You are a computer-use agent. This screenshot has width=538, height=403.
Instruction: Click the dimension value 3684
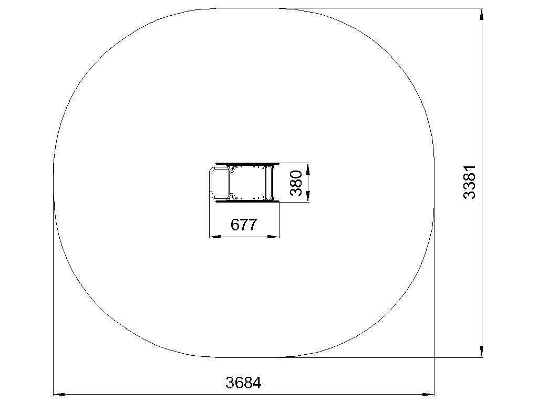pos(243,383)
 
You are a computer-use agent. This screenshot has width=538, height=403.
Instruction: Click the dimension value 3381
pos(469,182)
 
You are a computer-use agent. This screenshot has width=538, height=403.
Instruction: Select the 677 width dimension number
pos(244,225)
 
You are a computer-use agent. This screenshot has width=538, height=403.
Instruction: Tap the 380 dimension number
pos(296,183)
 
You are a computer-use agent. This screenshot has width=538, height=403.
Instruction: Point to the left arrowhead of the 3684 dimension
pos(59,395)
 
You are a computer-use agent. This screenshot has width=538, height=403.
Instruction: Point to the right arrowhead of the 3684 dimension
pos(428,395)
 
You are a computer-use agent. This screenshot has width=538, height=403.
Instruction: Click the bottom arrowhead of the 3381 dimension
pos(482,351)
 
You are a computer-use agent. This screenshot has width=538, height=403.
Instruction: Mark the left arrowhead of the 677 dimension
pos(215,236)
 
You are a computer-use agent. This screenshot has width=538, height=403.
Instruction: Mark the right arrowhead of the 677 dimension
pos(273,236)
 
